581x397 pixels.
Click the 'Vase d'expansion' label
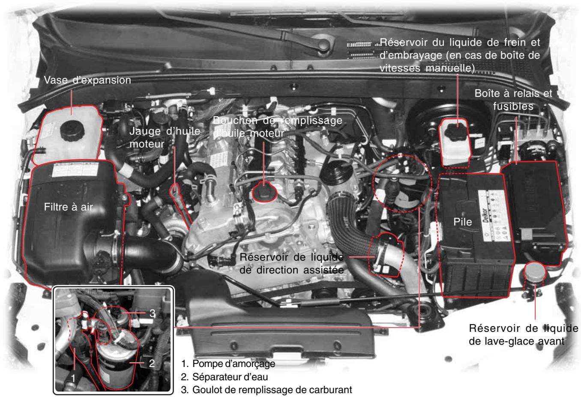pyautogui.click(x=87, y=81)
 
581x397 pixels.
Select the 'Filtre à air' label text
pyautogui.click(x=69, y=208)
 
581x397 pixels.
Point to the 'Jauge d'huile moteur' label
pyautogui.click(x=165, y=138)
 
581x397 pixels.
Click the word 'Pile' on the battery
pyautogui.click(x=462, y=222)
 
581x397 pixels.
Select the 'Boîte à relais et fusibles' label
pyautogui.click(x=513, y=100)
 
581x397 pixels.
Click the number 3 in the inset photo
pyautogui.click(x=152, y=313)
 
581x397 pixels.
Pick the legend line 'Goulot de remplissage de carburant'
pyautogui.click(x=266, y=390)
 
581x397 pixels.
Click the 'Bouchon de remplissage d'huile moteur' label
pyautogui.click(x=278, y=127)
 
